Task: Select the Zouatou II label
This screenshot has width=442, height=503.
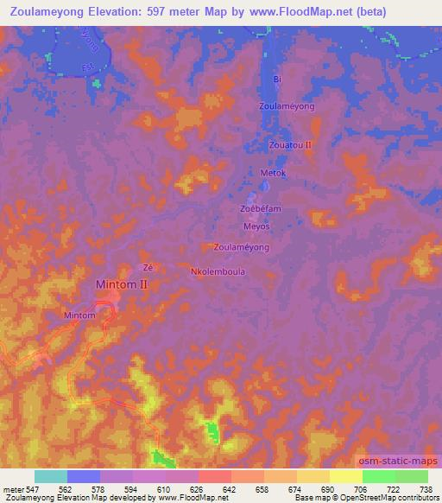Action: (290, 146)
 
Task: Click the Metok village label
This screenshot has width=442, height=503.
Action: (273, 173)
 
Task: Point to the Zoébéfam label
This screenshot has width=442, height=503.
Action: (261, 209)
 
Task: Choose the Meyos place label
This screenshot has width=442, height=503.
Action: (256, 226)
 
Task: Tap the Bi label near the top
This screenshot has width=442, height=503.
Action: (277, 80)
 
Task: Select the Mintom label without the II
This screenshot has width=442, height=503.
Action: (80, 316)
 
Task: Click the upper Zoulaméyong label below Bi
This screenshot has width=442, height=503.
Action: (287, 106)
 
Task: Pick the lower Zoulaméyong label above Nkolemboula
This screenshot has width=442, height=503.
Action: (241, 247)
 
